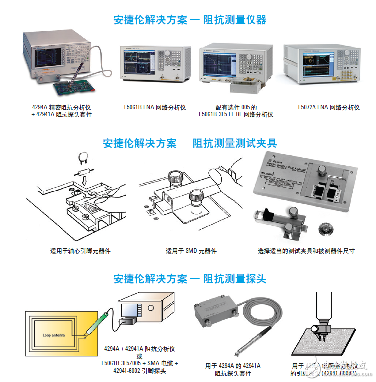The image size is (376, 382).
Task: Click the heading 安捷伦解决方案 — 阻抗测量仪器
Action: (190, 20)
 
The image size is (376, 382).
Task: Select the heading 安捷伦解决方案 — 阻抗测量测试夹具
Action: (189, 143)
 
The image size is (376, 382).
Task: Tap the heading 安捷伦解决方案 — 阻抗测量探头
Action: (189, 279)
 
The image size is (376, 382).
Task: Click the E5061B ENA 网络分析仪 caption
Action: (154, 107)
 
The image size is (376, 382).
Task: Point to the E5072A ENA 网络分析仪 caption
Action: (328, 107)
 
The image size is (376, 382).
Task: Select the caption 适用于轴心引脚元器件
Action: (80, 251)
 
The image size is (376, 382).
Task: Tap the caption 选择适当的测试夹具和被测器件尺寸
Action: (306, 251)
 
